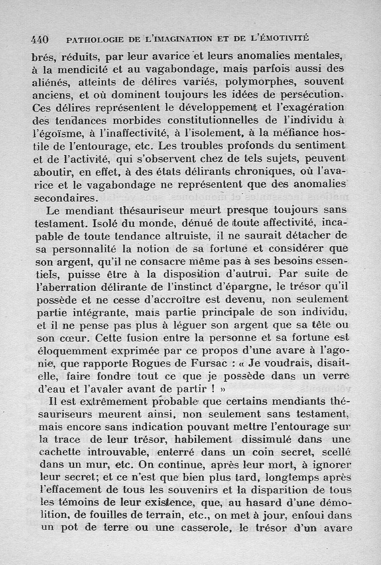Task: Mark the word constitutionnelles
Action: coord(219,121)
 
